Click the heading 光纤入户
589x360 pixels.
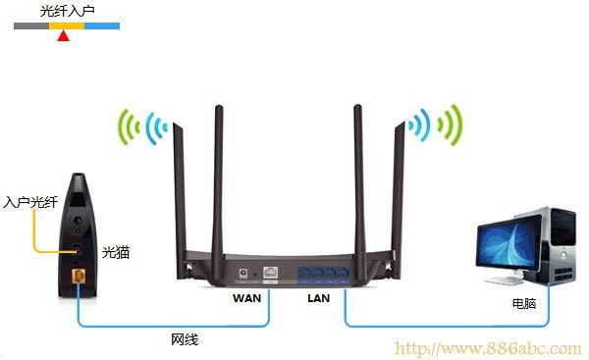pyautogui.click(x=67, y=11)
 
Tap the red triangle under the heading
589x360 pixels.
pyautogui.click(x=64, y=36)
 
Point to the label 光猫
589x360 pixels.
pyautogui.click(x=116, y=253)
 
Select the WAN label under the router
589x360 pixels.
pyautogui.click(x=247, y=296)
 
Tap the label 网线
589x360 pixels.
pyautogui.click(x=185, y=339)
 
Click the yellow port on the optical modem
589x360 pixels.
pyautogui.click(x=79, y=278)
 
